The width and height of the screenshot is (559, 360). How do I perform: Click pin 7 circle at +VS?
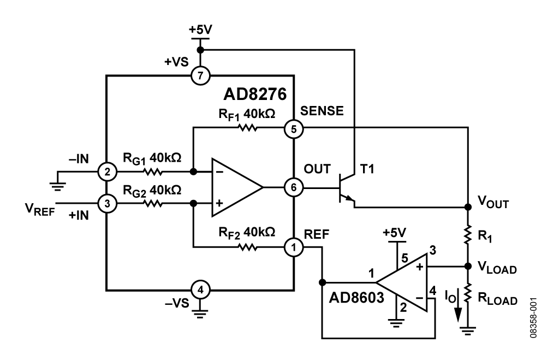[200, 75]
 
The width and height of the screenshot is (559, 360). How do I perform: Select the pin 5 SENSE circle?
[294, 129]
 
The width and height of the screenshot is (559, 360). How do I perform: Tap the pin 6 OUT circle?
[294, 188]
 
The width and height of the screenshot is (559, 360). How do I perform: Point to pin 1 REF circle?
[294, 247]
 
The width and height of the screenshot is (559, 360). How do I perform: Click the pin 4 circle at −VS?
[200, 290]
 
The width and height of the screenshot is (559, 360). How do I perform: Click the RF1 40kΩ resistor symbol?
[246, 129]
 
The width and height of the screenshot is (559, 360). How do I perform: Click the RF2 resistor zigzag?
[246, 247]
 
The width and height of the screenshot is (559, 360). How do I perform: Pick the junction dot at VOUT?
[468, 208]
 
